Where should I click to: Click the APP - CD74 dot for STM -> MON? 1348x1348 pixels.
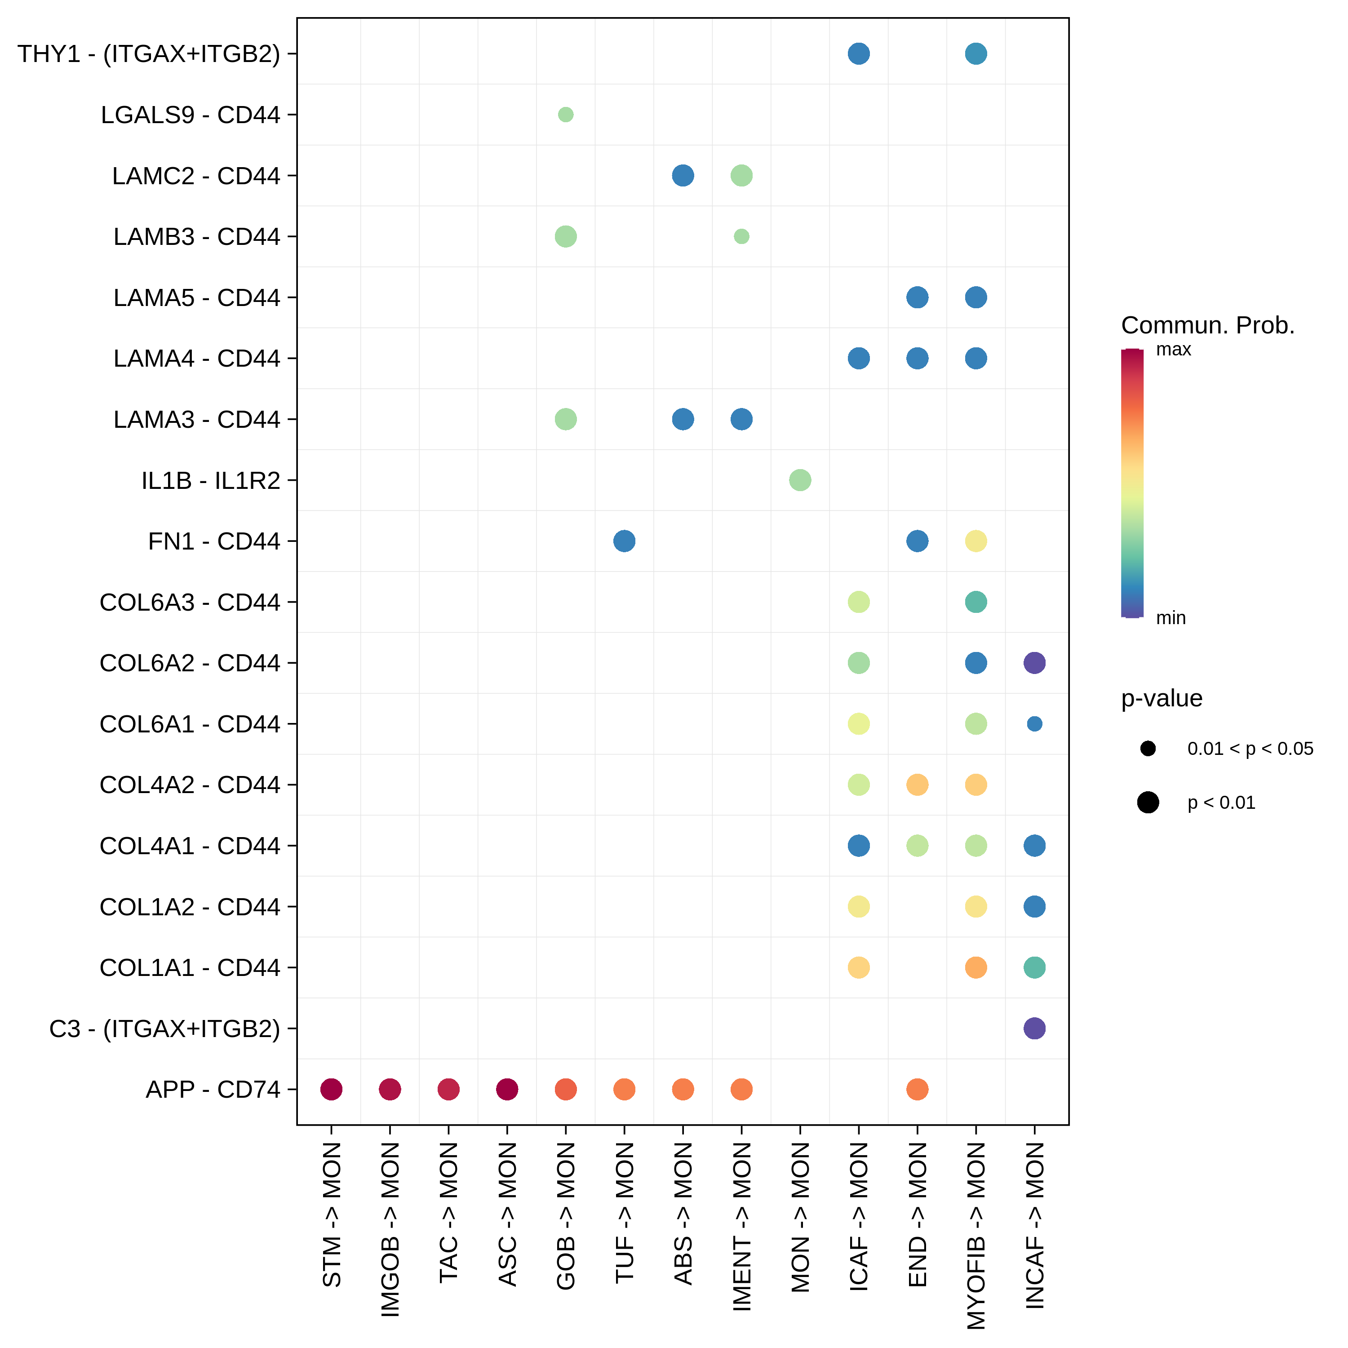click(332, 1089)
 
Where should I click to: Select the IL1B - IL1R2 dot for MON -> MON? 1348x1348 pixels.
click(800, 480)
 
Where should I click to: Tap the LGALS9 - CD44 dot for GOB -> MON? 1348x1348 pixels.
click(566, 115)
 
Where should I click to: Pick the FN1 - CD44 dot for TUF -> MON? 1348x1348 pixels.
click(625, 541)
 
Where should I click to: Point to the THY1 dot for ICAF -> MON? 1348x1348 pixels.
click(858, 54)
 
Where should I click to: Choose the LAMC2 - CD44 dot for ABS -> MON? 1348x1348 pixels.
click(683, 175)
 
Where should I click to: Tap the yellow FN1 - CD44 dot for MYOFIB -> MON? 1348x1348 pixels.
click(976, 541)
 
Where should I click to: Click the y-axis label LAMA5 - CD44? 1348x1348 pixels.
click(197, 298)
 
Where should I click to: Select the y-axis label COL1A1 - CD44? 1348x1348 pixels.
click(190, 968)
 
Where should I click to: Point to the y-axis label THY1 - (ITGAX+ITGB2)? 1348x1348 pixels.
click(149, 54)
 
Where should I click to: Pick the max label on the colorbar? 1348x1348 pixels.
click(1174, 350)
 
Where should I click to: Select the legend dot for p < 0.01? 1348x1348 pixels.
click(1148, 803)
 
